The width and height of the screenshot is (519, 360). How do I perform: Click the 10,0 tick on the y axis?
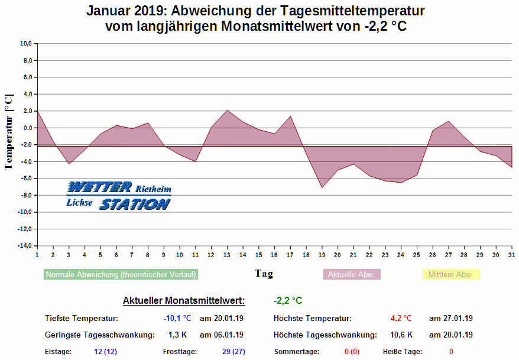(x=25, y=44)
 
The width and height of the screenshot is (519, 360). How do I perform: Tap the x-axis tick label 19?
(x=322, y=255)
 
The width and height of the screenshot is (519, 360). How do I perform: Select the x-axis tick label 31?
(x=511, y=255)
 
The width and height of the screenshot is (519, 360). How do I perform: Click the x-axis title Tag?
(x=264, y=274)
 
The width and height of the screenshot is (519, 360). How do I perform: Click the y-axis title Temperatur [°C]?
(x=8, y=132)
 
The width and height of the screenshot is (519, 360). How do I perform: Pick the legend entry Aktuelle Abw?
(x=352, y=275)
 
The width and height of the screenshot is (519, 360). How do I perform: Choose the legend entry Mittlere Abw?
(x=450, y=275)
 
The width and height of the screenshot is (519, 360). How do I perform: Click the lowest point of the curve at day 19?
(x=322, y=187)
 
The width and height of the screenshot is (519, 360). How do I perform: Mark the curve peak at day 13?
(x=227, y=110)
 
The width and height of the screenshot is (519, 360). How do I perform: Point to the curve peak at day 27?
(x=449, y=121)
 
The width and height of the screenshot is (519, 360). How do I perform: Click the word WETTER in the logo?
(x=100, y=188)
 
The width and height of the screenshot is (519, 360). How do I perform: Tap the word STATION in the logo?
(x=135, y=205)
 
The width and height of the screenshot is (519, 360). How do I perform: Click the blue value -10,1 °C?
(x=177, y=319)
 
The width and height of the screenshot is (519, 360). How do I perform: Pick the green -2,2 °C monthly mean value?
(x=288, y=301)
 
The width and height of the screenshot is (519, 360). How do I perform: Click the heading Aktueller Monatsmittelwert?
(x=184, y=301)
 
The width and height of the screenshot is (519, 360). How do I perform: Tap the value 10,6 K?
(x=401, y=335)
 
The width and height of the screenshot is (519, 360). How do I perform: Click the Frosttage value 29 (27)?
(x=233, y=352)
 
